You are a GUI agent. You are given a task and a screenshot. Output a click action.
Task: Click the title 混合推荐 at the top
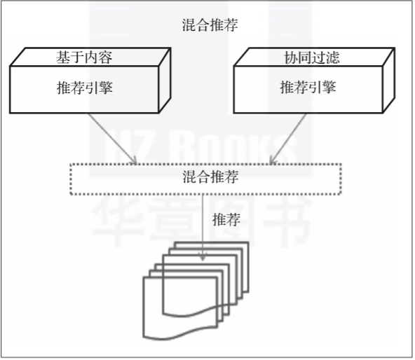click(210, 25)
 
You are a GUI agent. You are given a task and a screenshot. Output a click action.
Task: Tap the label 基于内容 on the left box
click(84, 57)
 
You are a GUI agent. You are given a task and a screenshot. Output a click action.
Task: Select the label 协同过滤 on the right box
click(312, 57)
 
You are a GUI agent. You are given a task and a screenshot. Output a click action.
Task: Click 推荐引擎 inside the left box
click(85, 88)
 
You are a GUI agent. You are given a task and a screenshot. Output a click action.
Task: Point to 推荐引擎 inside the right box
click(308, 87)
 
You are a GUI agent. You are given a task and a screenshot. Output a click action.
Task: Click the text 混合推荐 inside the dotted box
click(210, 176)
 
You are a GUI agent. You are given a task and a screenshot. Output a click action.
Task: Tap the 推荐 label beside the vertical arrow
click(226, 219)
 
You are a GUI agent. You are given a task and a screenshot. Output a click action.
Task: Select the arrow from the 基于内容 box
click(112, 139)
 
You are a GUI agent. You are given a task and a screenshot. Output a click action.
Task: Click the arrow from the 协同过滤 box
click(288, 139)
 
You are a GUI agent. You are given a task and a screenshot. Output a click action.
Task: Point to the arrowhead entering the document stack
click(203, 257)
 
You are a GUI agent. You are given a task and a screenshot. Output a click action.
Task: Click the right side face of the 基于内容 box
click(165, 81)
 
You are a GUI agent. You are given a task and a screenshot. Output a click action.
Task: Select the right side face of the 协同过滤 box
click(389, 81)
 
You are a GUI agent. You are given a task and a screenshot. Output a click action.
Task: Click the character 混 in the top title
click(189, 25)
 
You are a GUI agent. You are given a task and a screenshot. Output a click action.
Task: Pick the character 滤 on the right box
click(333, 57)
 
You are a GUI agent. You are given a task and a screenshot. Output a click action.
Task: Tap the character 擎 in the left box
click(106, 88)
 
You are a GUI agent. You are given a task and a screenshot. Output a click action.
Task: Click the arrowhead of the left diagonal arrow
click(134, 161)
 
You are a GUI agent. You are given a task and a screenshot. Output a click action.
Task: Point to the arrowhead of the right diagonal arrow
click(272, 160)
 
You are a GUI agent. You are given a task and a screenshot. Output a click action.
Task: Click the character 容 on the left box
click(106, 57)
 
